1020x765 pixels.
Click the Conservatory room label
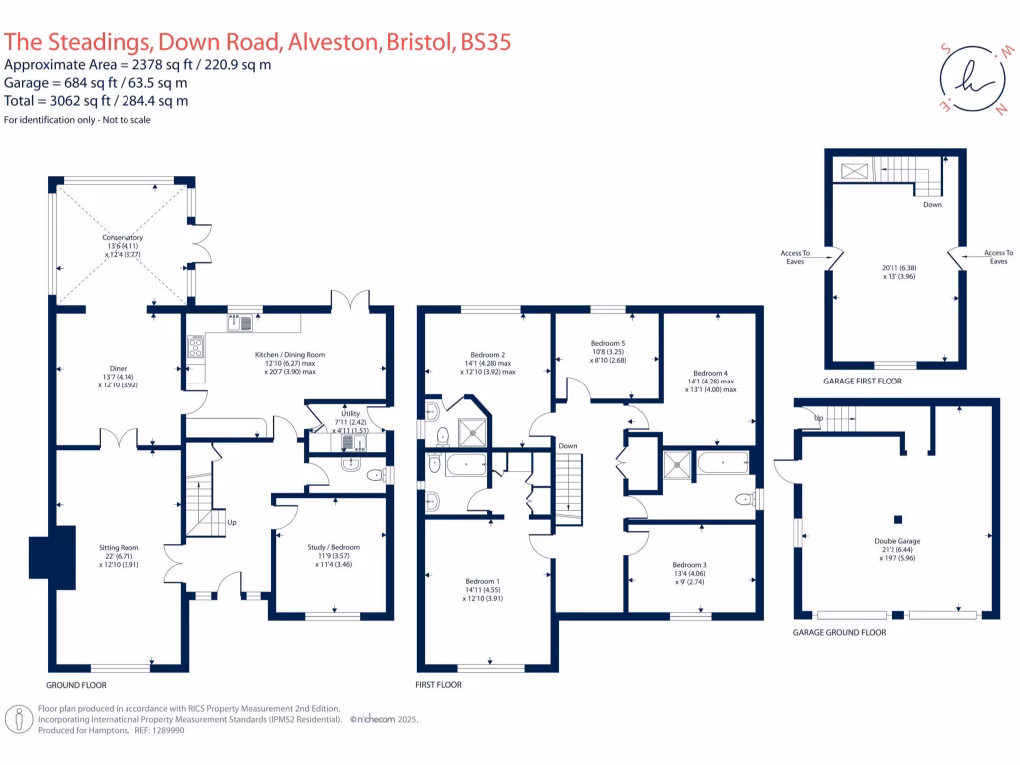[123, 238]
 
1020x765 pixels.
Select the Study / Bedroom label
[333, 547]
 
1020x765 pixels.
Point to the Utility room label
[350, 412]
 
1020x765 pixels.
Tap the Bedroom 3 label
[690, 564]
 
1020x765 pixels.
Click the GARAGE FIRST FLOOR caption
[863, 382]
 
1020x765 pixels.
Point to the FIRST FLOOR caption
[438, 685]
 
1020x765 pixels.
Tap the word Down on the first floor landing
[568, 445]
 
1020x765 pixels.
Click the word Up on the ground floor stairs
[233, 522]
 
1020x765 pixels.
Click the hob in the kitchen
[195, 346]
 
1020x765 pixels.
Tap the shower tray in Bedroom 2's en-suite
[467, 431]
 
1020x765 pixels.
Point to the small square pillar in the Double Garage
[897, 518]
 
